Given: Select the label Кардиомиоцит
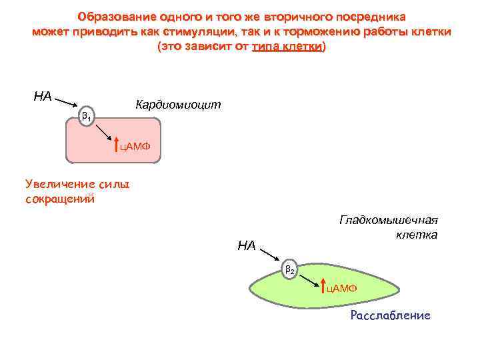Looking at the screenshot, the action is (x=177, y=105).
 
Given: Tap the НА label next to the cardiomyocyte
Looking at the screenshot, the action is (x=43, y=97).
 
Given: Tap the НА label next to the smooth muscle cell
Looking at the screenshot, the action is (x=247, y=246).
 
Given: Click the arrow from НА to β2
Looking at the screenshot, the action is (x=269, y=255).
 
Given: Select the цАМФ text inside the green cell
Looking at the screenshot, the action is (x=341, y=288).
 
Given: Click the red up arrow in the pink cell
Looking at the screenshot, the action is (x=116, y=143).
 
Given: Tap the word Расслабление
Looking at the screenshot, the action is (x=390, y=315).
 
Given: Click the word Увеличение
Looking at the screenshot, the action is (x=57, y=183).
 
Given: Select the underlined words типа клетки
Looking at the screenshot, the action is (x=288, y=47).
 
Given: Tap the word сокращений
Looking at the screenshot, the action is (x=60, y=199).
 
